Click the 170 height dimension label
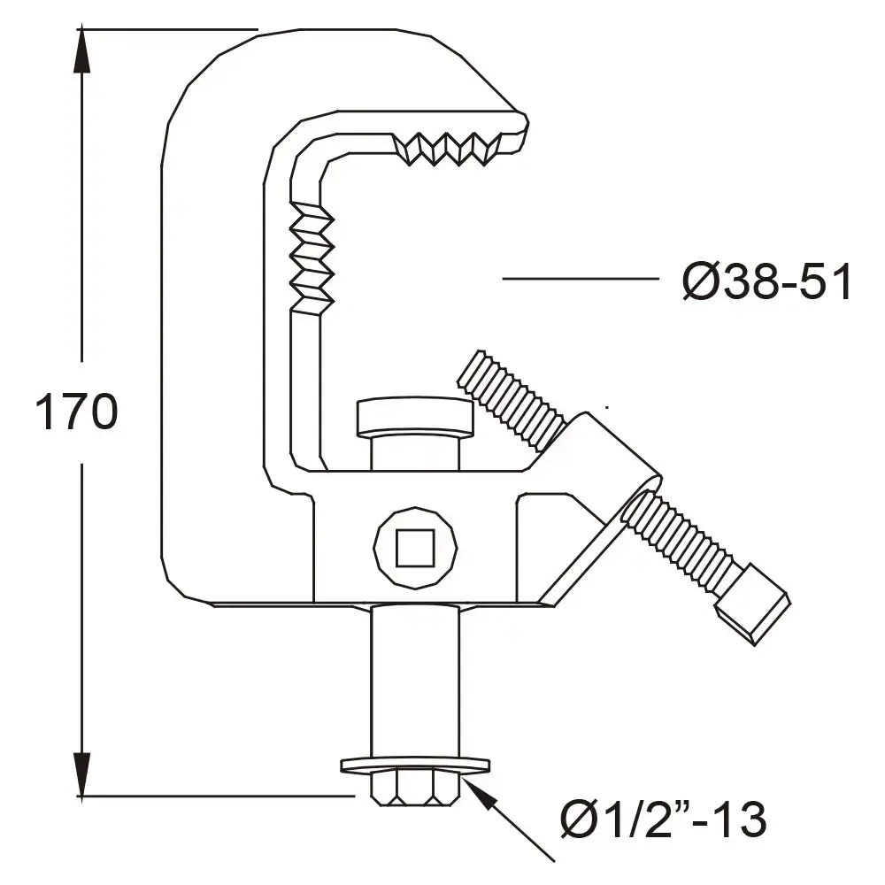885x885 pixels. point(76,412)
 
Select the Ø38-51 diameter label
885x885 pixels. point(766,283)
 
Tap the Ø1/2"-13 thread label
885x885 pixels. point(663,820)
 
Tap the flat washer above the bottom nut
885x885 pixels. point(414,764)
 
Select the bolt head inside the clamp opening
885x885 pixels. point(414,417)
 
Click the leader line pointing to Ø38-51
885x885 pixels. point(580,279)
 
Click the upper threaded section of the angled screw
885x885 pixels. point(512,398)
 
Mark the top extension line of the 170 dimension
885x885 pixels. point(168,29)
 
